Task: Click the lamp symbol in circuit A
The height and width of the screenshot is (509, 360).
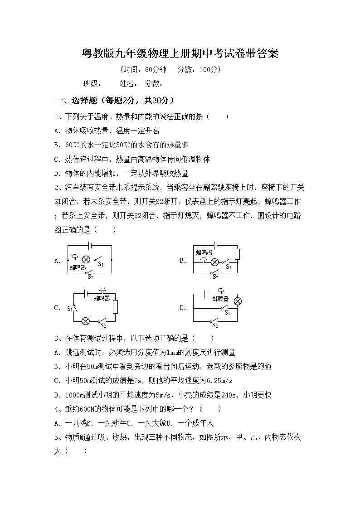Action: click(x=84, y=260)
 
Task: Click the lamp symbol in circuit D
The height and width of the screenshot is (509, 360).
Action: click(x=237, y=301)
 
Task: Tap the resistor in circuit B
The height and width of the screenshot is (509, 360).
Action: click(x=237, y=254)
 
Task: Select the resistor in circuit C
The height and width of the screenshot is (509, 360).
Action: click(x=115, y=307)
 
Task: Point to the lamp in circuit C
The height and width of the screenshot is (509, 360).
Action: click(x=85, y=321)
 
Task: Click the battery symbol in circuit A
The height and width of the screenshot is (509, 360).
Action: click(x=90, y=245)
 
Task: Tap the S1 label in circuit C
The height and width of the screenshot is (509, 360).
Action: click(x=70, y=309)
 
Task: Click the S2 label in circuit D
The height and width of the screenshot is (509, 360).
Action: click(x=215, y=325)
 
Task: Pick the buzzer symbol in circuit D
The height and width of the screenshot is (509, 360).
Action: click(x=221, y=291)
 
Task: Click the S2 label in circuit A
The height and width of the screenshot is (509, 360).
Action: click(x=90, y=276)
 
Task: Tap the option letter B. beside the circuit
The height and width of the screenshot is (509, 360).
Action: click(x=183, y=260)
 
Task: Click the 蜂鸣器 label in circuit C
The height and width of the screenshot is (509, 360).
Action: click(x=102, y=298)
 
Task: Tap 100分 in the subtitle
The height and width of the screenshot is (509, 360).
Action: click(x=209, y=69)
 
